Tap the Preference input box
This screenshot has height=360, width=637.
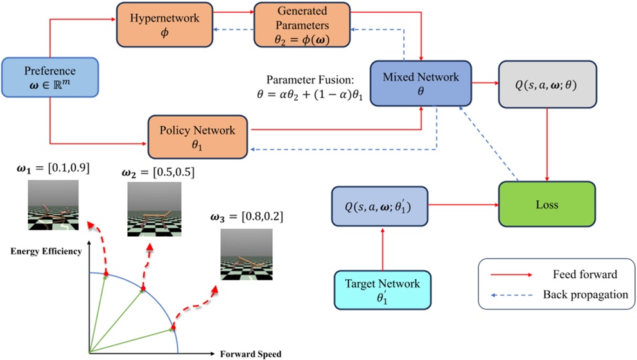[49, 78]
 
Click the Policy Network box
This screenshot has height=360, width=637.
[198, 137]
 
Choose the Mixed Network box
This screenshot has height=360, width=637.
[421, 84]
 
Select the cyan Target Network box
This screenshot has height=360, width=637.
[383, 291]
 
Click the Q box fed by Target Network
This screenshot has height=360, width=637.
[378, 206]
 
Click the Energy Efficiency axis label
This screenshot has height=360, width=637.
[46, 251]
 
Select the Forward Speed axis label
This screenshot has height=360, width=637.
[251, 354]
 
